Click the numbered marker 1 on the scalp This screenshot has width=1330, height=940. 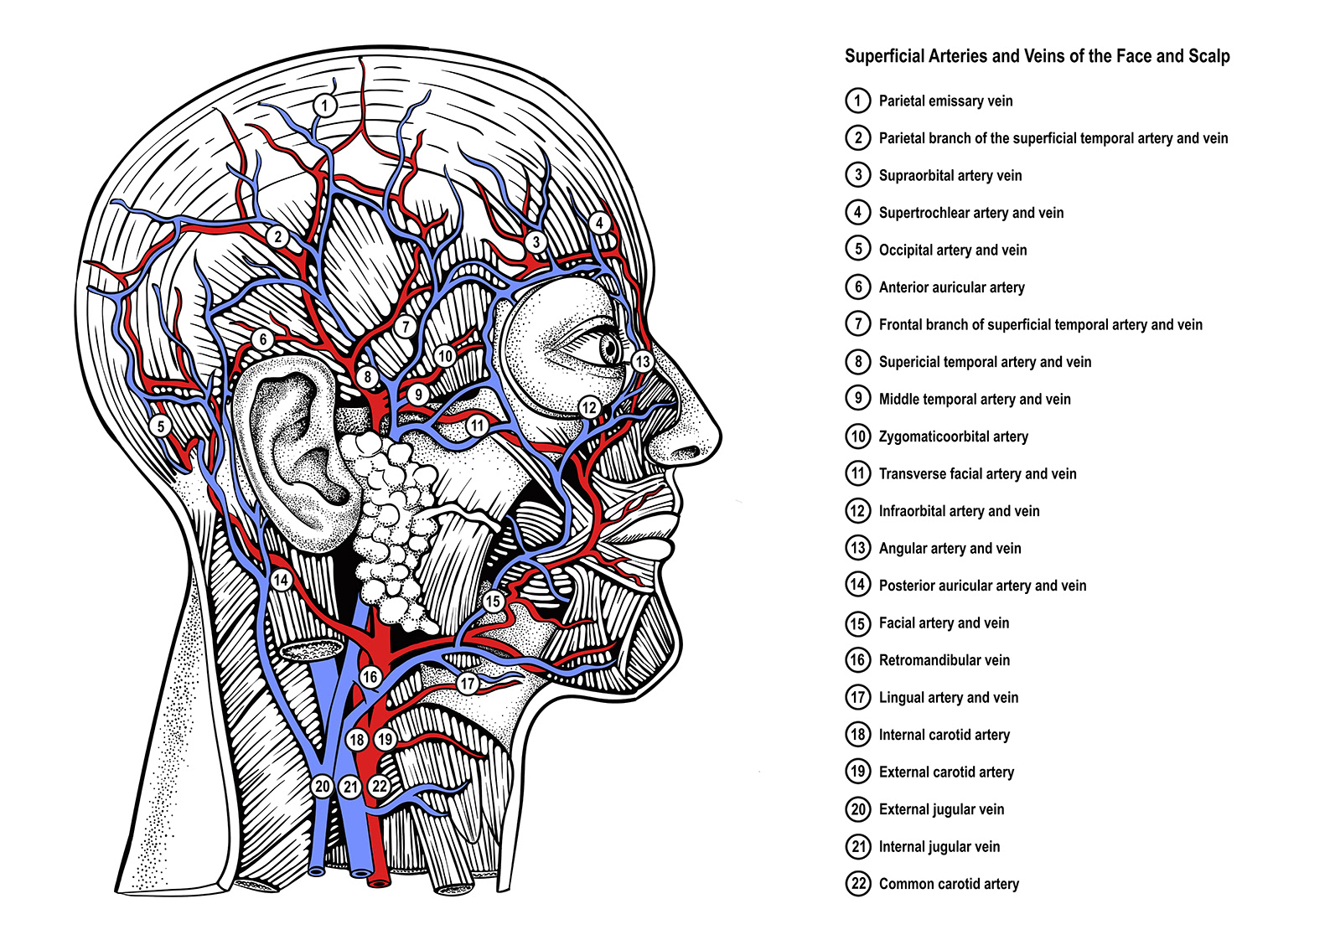(x=325, y=106)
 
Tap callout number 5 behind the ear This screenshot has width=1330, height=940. (x=161, y=426)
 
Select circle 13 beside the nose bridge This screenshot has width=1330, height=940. (x=642, y=362)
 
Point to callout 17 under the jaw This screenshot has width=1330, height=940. (x=468, y=684)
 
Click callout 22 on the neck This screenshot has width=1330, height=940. (x=380, y=786)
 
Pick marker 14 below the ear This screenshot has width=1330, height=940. (x=281, y=580)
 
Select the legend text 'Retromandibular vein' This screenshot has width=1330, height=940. (x=944, y=660)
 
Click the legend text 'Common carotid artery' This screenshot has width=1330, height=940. (x=949, y=884)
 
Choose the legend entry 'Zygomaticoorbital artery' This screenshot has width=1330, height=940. (x=953, y=436)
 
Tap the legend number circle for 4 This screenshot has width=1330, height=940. (x=857, y=212)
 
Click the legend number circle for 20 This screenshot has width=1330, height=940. (x=857, y=809)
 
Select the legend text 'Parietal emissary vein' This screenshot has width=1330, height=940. (x=945, y=101)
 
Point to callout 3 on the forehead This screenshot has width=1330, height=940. (x=536, y=243)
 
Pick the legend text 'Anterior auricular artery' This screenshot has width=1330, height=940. (x=951, y=287)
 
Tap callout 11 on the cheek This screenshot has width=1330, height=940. (x=478, y=426)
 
